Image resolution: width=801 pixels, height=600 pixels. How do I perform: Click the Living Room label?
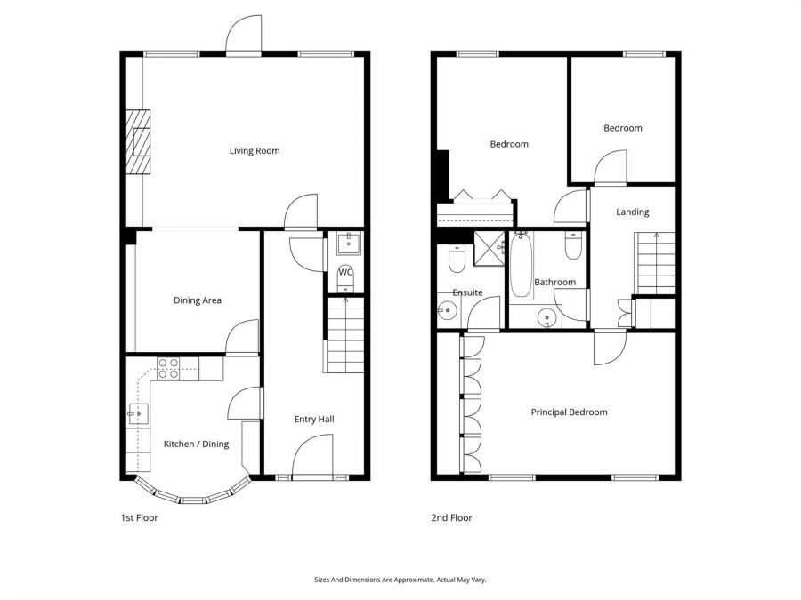pos(255,151)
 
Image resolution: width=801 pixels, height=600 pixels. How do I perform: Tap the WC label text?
pos(345,272)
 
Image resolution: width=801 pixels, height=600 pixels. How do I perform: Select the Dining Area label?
pos(197,300)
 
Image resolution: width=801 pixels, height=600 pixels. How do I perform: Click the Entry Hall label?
pos(314,419)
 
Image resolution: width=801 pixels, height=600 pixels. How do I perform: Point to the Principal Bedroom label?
pos(569,412)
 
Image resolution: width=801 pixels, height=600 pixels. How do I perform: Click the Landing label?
pos(633,212)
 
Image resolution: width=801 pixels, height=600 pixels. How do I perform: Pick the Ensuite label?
pos(467,292)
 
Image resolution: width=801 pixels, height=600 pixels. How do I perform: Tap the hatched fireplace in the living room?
pos(138,143)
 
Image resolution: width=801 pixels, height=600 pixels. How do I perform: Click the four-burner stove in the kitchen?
pos(168,368)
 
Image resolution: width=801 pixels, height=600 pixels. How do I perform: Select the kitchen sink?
pos(138,413)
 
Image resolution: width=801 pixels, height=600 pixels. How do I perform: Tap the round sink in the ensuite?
pos(448,310)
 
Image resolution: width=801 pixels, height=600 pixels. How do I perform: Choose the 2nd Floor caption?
pos(452,517)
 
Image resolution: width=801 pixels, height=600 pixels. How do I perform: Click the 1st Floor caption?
pos(139,517)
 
